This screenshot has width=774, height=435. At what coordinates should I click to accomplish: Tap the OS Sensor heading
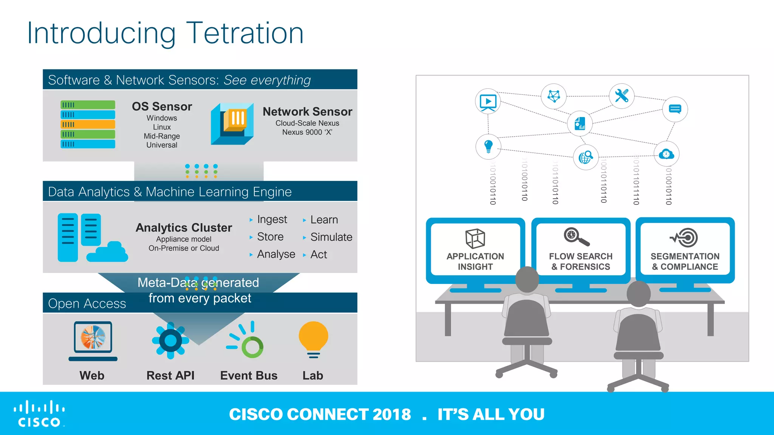pyautogui.click(x=162, y=106)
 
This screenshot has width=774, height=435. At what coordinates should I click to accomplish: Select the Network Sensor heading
pyautogui.click(x=307, y=112)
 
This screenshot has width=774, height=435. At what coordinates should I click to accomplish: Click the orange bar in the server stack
pyautogui.click(x=88, y=124)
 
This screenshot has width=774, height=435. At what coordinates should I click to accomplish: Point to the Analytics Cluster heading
pyautogui.click(x=184, y=228)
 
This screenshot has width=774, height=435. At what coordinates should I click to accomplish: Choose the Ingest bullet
pyautogui.click(x=272, y=219)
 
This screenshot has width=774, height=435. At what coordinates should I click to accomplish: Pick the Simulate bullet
pyautogui.click(x=331, y=237)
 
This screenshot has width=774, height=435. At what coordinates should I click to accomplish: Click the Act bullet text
pyautogui.click(x=319, y=255)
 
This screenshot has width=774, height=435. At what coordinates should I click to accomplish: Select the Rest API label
pyautogui.click(x=170, y=375)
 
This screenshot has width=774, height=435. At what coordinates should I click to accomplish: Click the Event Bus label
pyautogui.click(x=249, y=375)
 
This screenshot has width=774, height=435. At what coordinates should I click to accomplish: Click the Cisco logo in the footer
pyautogui.click(x=39, y=414)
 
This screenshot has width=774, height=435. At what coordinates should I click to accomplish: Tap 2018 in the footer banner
pyautogui.click(x=392, y=414)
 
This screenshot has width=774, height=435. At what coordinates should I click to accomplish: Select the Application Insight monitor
pyautogui.click(x=475, y=249)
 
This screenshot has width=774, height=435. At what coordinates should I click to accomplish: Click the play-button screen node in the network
pyautogui.click(x=488, y=102)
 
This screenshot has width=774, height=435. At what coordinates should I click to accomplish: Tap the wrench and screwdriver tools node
pyautogui.click(x=622, y=96)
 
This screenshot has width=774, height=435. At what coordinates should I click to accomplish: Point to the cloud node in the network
pyautogui.click(x=666, y=154)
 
